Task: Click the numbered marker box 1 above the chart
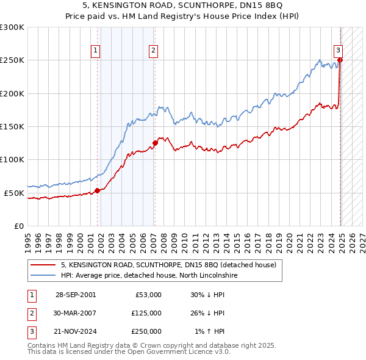(96, 51)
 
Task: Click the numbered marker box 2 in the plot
(153, 51)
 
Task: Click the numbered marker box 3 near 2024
(337, 51)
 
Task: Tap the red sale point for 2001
(98, 190)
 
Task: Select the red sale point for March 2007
(155, 143)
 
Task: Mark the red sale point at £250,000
(340, 60)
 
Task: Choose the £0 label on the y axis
(18, 226)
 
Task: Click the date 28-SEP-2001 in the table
(75, 295)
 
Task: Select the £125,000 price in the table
(146, 313)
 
